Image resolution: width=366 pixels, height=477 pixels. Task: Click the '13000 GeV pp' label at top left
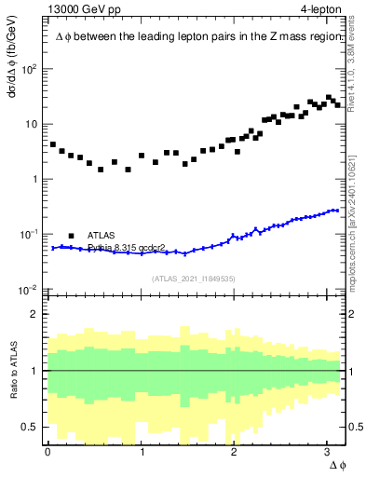pyautogui.click(x=80, y=10)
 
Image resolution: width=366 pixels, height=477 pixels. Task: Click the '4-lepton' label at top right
pyautogui.click(x=319, y=10)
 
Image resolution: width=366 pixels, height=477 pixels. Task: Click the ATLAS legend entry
pyautogui.click(x=103, y=236)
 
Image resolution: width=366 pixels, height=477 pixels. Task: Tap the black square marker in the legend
pyautogui.click(x=71, y=236)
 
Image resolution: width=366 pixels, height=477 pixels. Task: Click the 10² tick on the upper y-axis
pyautogui.click(x=30, y=69)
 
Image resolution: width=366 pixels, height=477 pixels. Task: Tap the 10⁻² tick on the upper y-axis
pyautogui.click(x=30, y=289)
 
